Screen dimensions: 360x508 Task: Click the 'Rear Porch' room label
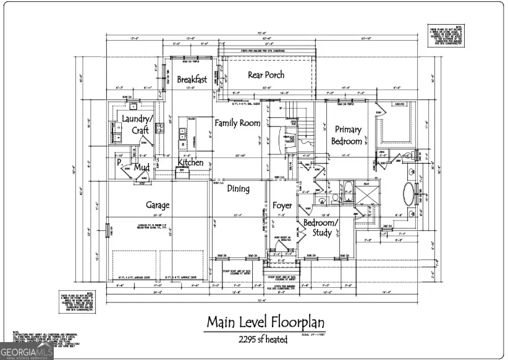266,75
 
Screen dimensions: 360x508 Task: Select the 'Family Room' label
237,123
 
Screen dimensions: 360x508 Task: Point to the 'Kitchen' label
190,162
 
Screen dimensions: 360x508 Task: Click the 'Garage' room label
158,205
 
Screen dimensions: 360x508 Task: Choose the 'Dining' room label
238,189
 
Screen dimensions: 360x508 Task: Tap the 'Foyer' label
282,205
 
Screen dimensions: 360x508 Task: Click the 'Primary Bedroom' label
348,135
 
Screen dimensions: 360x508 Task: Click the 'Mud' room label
142,167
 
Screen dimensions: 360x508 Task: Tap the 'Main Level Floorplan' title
265,322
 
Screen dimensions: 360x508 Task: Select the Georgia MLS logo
27,352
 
